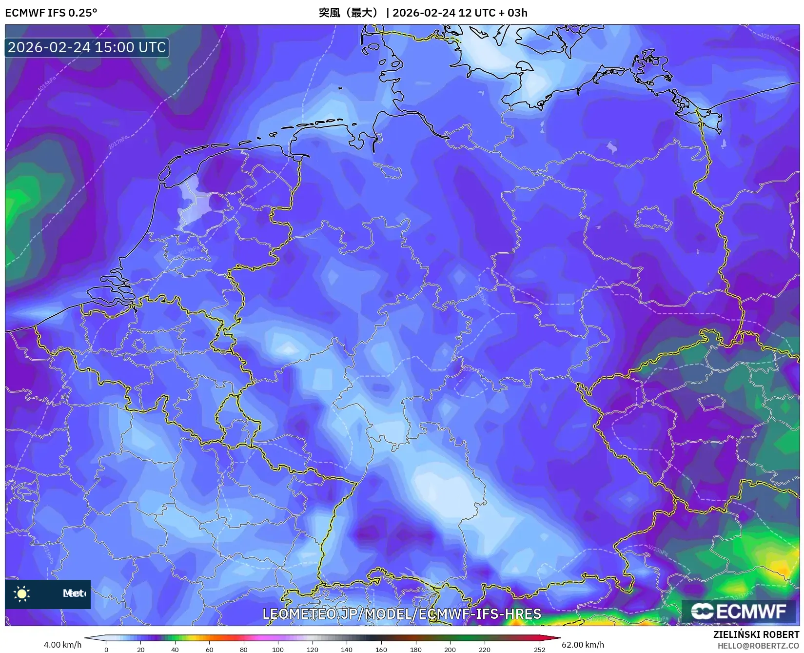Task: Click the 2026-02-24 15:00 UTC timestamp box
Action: tap(87, 47)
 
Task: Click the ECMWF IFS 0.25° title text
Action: tap(51, 13)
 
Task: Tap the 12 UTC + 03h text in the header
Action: tap(492, 13)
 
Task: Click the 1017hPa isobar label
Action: tap(118, 142)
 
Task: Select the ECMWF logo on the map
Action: tap(739, 611)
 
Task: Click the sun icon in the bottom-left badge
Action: tap(22, 593)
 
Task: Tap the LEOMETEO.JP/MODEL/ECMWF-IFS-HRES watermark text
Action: tap(402, 614)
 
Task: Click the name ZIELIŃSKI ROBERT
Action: tap(756, 635)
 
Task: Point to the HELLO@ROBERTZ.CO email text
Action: tap(758, 646)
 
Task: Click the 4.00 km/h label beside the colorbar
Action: tap(62, 645)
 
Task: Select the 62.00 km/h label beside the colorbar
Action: tap(583, 645)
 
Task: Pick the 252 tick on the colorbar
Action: tap(539, 650)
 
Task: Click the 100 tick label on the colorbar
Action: tap(278, 650)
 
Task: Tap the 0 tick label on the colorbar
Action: tap(106, 650)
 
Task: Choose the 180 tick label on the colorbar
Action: tap(415, 650)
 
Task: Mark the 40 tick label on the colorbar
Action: tap(175, 650)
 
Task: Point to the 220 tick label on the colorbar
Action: tap(484, 650)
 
